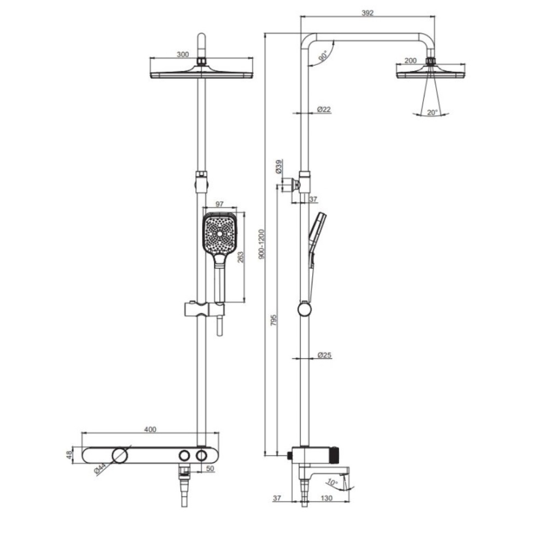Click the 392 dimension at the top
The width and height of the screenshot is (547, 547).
coord(368,13)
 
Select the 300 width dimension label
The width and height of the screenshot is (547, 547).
coord(183,54)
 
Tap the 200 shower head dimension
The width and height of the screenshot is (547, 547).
coord(410,60)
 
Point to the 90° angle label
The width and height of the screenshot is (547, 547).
coord(323,55)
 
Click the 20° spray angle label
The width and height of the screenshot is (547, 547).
coord(432,112)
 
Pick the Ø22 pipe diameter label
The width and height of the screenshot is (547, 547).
coord(324,109)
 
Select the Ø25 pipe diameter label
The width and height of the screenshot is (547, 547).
coord(324,355)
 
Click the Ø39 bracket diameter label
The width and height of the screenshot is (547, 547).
coord(279,167)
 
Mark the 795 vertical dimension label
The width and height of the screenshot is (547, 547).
coord(273,320)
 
